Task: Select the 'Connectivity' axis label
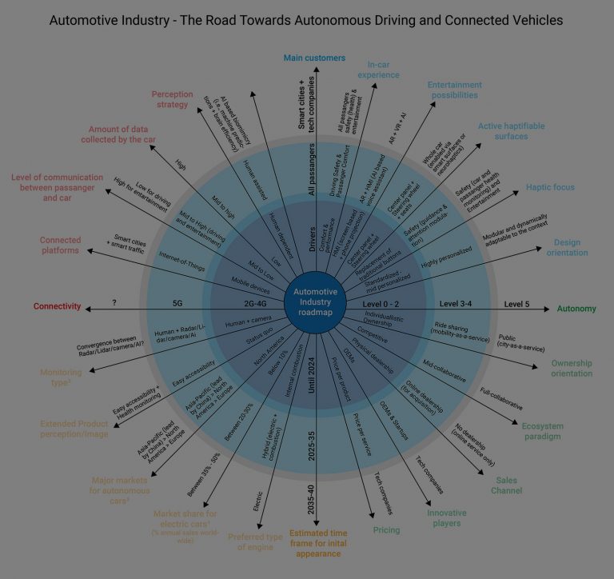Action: click(57, 306)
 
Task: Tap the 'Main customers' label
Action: click(314, 58)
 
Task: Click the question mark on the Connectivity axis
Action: click(114, 304)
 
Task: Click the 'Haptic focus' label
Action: click(550, 187)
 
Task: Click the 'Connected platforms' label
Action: click(60, 245)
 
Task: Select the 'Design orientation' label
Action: click(568, 247)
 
